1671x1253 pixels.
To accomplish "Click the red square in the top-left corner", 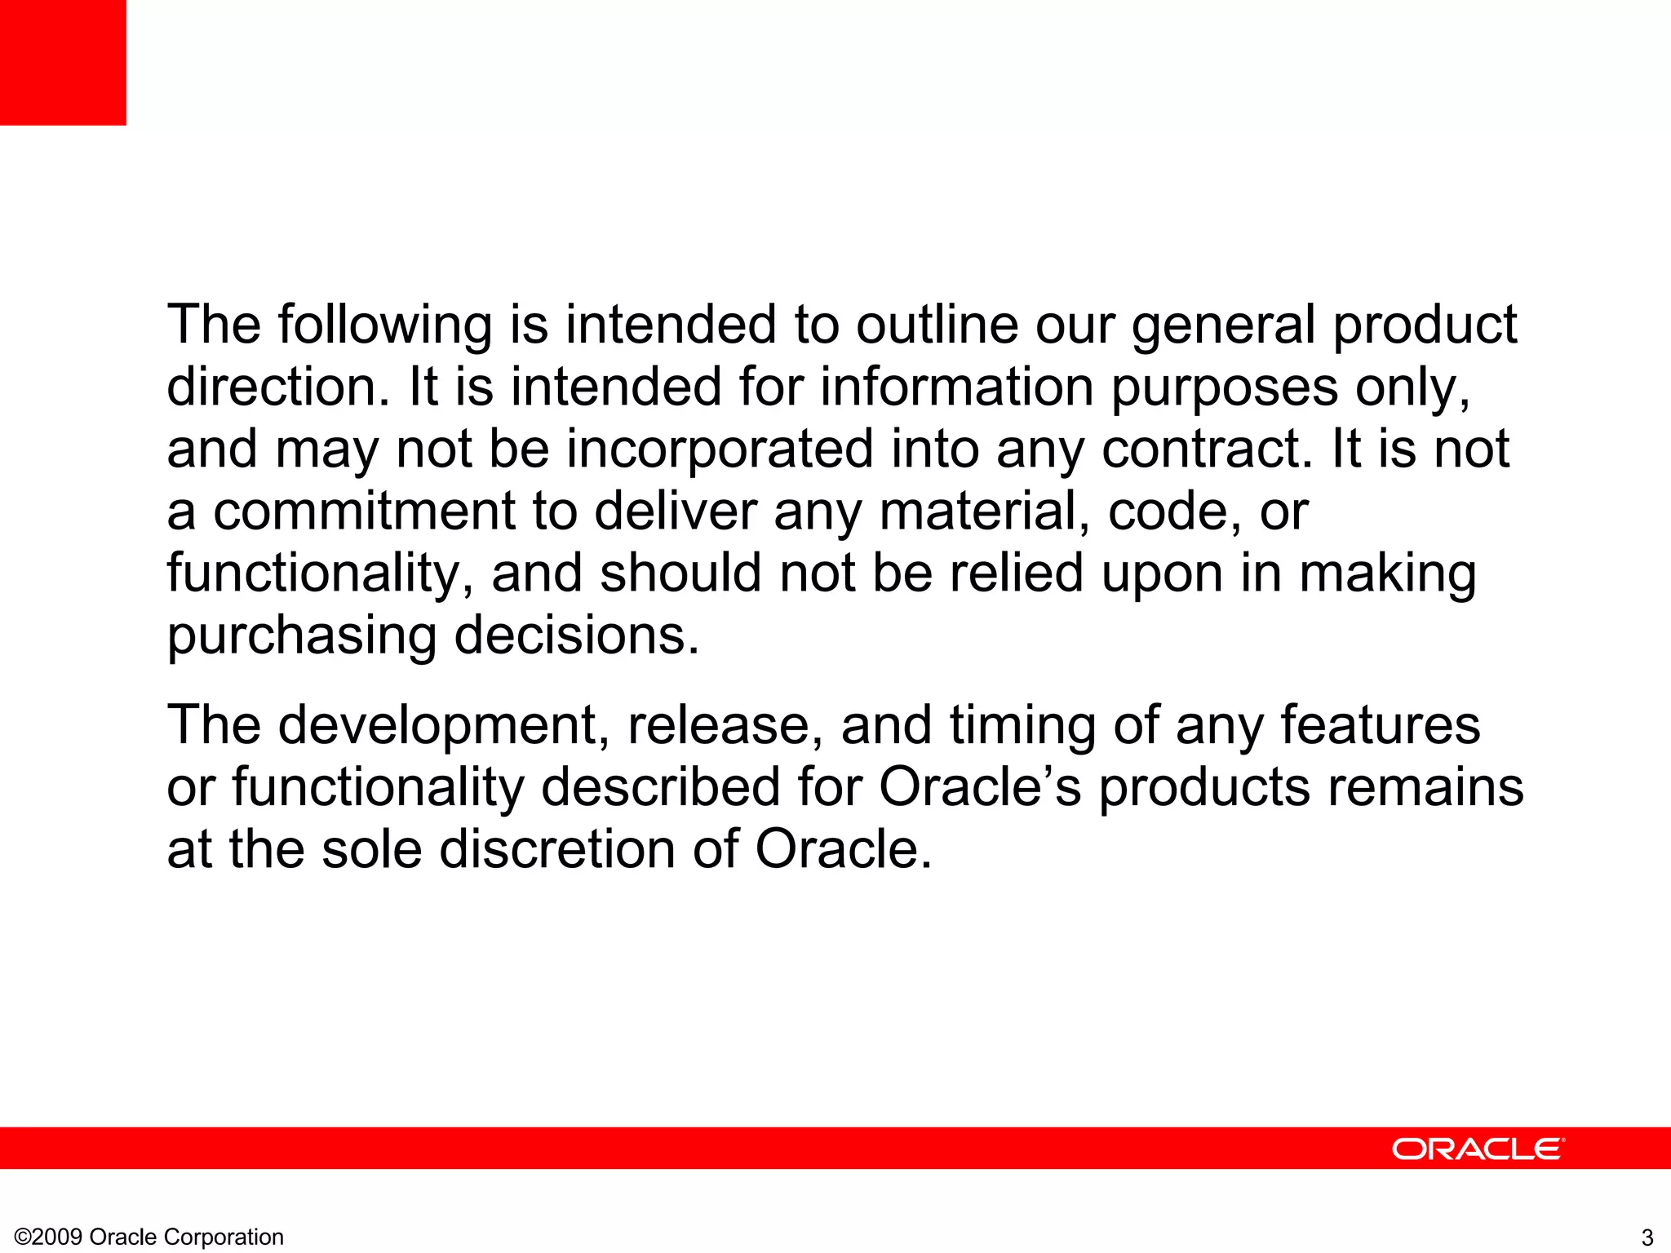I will [x=63, y=62].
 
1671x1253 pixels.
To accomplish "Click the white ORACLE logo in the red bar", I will [x=1478, y=1149].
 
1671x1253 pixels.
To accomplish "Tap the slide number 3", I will [x=1647, y=1237].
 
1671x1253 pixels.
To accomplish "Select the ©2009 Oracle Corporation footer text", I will [x=149, y=1237].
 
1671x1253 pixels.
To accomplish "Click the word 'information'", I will [x=956, y=387].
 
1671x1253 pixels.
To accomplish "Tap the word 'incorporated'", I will [x=720, y=450].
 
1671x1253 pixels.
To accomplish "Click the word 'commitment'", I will [x=364, y=511].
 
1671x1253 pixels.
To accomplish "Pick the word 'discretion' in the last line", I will [x=557, y=849].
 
